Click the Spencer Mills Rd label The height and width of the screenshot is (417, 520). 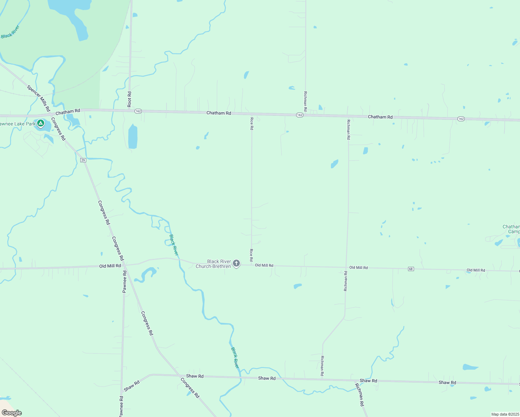(39, 98)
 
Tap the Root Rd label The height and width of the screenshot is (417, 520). (129, 99)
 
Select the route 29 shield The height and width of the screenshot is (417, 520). (83, 160)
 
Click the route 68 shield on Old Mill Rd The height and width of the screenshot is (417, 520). (411, 269)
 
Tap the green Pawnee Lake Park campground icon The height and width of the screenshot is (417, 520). (41, 123)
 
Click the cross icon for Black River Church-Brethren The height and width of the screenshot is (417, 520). (236, 263)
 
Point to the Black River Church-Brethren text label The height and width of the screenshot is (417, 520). (213, 264)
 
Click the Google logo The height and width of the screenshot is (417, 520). (12, 412)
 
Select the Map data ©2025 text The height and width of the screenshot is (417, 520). (505, 414)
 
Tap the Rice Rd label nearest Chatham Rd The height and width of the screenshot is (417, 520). (252, 123)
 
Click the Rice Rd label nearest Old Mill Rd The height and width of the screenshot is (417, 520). (251, 255)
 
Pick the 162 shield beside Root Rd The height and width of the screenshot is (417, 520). (138, 111)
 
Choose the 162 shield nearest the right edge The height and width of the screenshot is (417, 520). (461, 119)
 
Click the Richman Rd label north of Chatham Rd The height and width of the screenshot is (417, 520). (305, 101)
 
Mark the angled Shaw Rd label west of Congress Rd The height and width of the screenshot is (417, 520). (132, 385)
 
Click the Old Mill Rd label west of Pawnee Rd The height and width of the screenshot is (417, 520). (110, 266)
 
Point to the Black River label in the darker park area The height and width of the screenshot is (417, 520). (10, 32)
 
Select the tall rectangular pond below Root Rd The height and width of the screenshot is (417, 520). (133, 137)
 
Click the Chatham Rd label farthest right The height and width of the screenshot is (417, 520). (380, 117)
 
